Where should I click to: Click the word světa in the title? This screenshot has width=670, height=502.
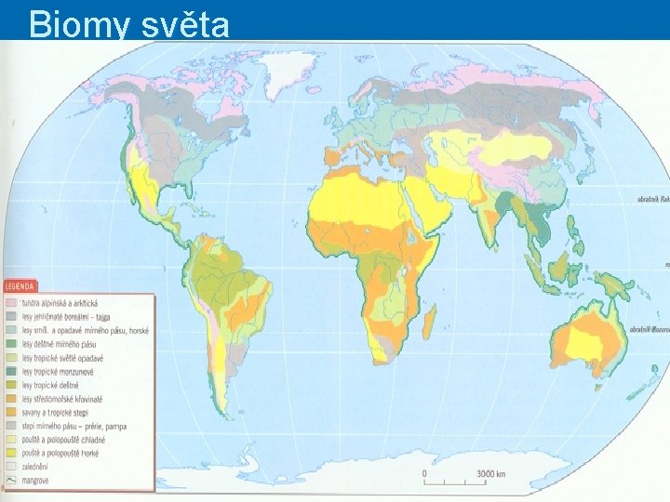(185, 25)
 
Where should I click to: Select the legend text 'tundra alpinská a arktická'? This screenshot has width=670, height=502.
(65, 303)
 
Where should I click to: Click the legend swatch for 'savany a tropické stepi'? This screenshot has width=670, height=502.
(12, 412)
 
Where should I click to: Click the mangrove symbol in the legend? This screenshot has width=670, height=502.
(12, 481)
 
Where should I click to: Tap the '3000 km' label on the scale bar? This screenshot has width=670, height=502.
(490, 473)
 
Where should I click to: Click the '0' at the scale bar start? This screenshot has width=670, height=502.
(425, 473)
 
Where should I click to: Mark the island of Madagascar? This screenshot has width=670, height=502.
(429, 324)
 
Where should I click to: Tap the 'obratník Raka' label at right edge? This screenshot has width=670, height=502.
(651, 198)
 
